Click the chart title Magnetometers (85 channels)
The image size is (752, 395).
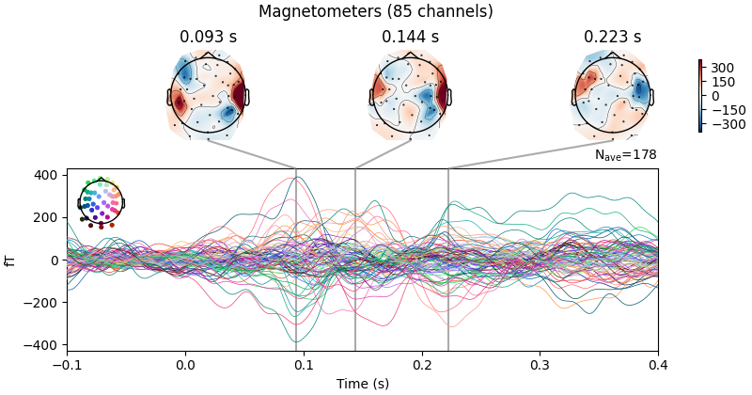coord(376,11)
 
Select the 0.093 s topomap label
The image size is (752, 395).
coord(208,38)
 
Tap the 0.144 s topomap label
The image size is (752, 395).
coord(410,38)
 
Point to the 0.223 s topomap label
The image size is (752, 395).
coord(613,38)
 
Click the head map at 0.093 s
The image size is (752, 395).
coord(208,95)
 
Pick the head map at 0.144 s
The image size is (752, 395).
coord(410,95)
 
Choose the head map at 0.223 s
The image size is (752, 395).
coord(613,95)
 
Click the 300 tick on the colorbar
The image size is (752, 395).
coord(722,68)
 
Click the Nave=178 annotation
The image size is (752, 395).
coord(625,155)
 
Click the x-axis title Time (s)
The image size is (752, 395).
coord(362,384)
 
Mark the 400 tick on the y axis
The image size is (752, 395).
coord(47,175)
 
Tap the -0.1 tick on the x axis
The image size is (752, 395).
coord(67,364)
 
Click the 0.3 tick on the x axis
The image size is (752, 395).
coord(540,364)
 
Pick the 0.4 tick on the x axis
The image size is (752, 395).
coord(658,364)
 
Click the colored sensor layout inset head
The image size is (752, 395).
coord(101,201)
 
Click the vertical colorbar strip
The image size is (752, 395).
coord(700,96)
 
